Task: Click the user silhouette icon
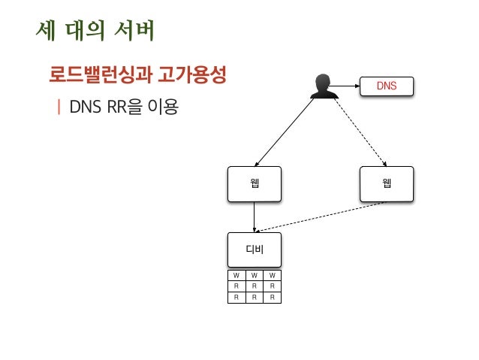(x=324, y=86)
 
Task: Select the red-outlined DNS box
(x=387, y=86)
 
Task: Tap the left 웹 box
(x=255, y=184)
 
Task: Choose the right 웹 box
(x=387, y=184)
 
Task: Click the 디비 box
(x=255, y=250)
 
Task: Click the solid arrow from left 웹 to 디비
(x=255, y=217)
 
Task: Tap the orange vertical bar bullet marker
(x=59, y=107)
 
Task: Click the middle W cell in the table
(x=255, y=275)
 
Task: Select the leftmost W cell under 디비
(x=236, y=275)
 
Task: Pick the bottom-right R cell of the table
(x=273, y=297)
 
